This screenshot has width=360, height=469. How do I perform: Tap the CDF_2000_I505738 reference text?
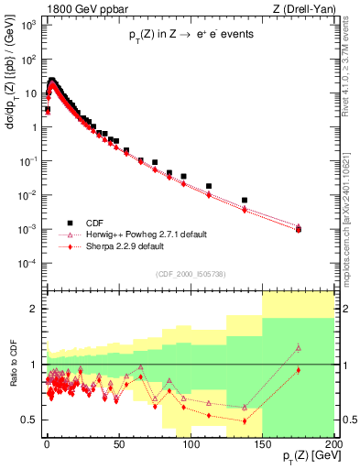(x=190, y=274)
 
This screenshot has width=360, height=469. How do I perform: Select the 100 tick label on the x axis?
(x=190, y=443)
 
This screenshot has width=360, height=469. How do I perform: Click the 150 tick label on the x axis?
(x=262, y=443)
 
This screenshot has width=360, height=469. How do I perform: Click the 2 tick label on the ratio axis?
(x=35, y=309)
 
